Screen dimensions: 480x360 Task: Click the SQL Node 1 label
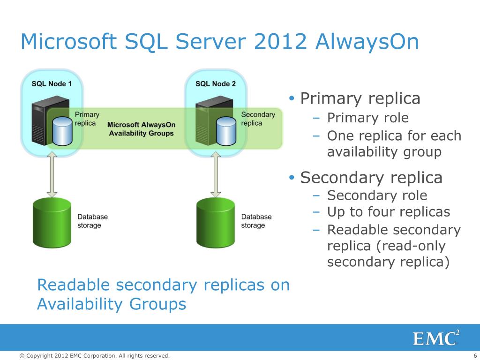[x=52, y=83]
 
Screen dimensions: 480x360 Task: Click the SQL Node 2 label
[x=216, y=83]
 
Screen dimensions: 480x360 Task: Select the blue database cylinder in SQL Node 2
[x=226, y=131]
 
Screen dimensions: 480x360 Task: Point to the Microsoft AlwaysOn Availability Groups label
[x=141, y=129]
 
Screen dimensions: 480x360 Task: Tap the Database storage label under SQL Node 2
[x=256, y=221]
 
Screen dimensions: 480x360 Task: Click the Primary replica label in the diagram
[x=87, y=119]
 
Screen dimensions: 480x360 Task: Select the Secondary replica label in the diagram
[x=258, y=119]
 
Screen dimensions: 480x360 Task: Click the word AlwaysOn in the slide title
[x=367, y=42]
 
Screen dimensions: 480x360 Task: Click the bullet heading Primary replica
[x=360, y=98]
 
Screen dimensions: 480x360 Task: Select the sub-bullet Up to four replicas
[x=388, y=212]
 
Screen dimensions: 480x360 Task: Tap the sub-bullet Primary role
[x=367, y=118]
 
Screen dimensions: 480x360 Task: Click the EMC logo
[x=435, y=338]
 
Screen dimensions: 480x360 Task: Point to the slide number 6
[x=475, y=356]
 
